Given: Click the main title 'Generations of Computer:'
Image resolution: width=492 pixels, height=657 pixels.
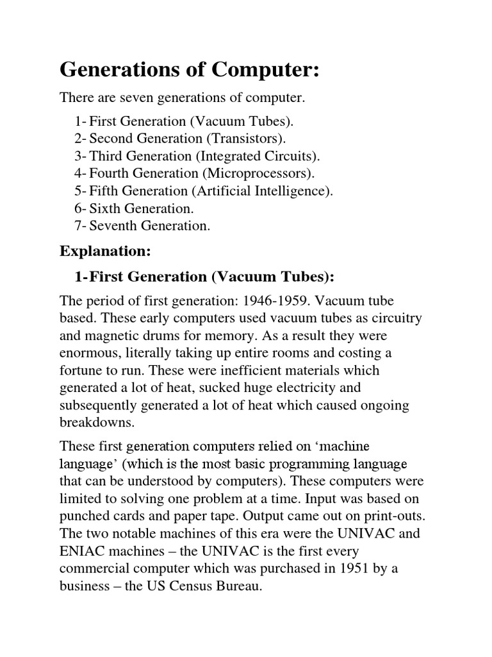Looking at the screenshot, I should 189,71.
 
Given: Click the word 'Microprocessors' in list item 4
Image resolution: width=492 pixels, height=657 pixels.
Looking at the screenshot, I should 256,173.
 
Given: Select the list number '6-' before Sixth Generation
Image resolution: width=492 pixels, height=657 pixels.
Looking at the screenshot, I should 80,209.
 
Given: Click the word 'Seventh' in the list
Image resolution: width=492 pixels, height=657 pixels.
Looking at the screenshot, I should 111,226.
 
